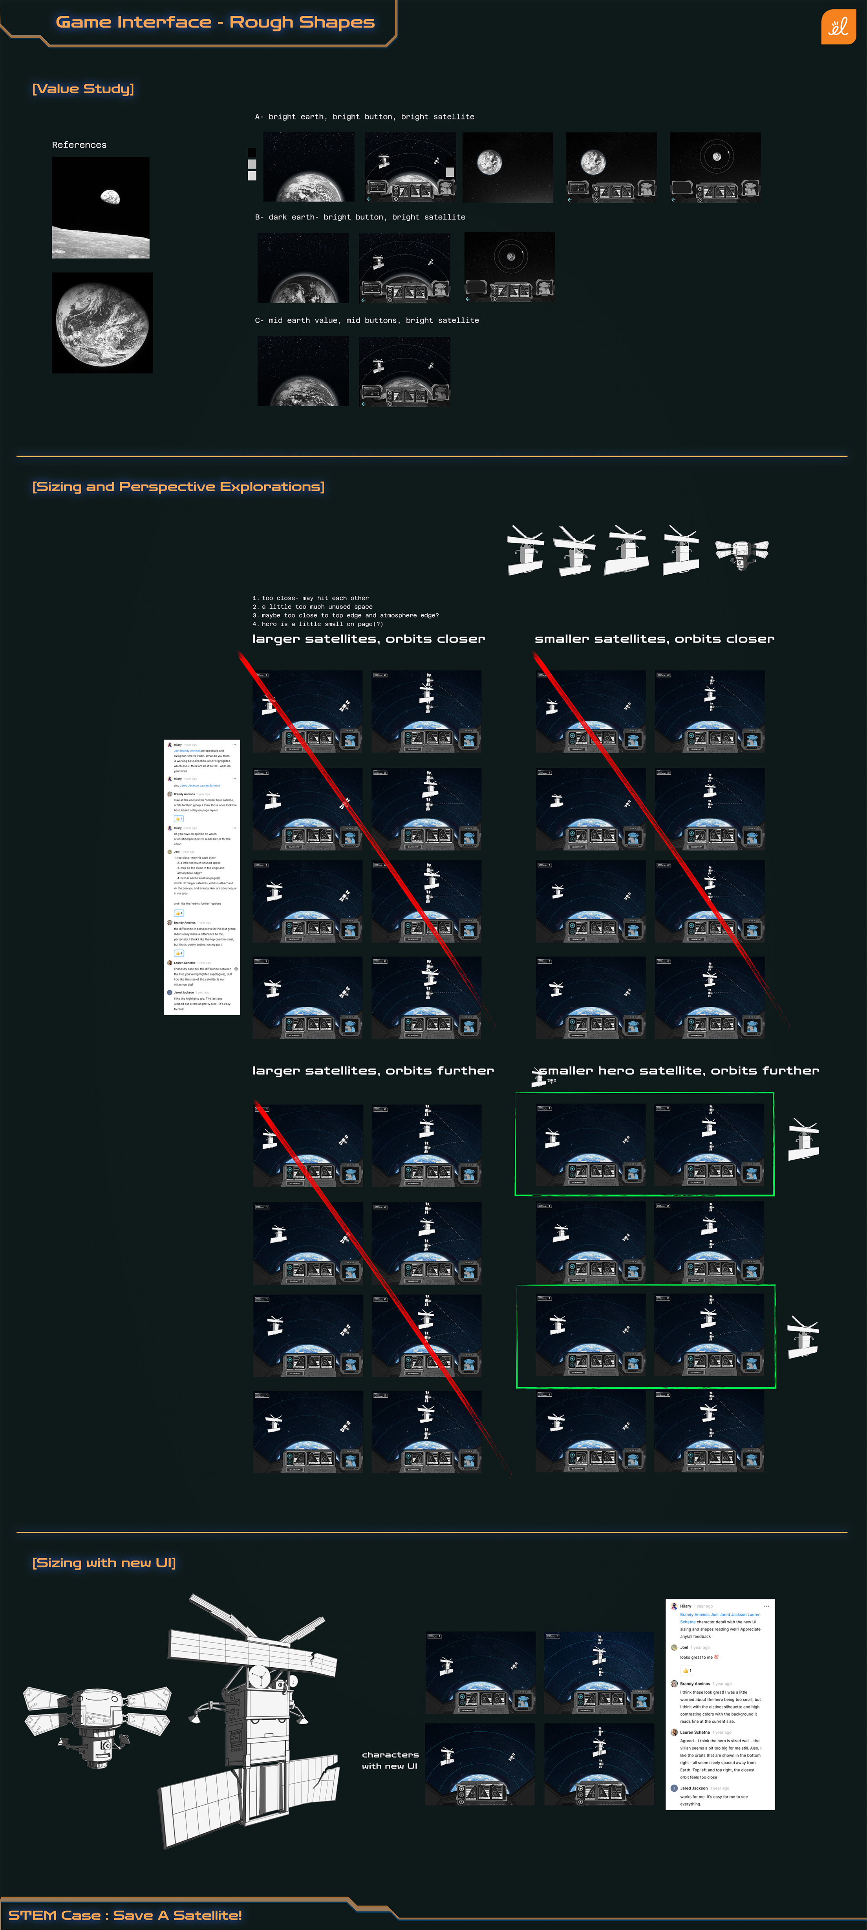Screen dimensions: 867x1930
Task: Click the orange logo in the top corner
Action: [838, 27]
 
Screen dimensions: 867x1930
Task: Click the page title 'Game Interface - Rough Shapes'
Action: [215, 22]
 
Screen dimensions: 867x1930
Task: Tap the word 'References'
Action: [79, 145]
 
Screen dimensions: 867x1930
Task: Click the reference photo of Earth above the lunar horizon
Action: [101, 208]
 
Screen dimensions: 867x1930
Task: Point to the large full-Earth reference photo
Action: [102, 323]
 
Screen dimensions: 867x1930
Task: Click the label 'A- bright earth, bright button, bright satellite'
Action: [364, 117]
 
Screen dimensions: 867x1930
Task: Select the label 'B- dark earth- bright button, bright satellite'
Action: [360, 217]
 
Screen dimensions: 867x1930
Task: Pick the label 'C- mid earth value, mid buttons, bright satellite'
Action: [366, 321]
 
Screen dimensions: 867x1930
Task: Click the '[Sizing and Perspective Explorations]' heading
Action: [178, 487]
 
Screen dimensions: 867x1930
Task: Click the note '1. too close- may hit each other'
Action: [310, 598]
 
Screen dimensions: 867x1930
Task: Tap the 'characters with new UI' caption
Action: [390, 1760]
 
